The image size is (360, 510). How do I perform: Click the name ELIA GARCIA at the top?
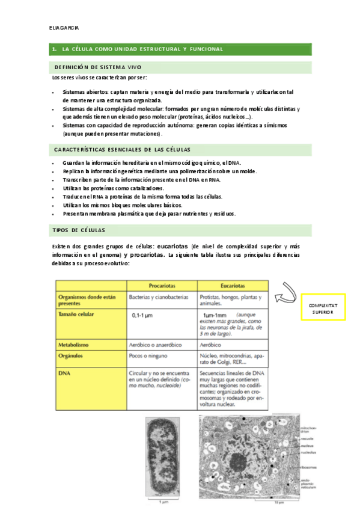click(x=66, y=28)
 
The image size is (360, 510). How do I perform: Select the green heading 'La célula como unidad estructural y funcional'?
click(x=142, y=49)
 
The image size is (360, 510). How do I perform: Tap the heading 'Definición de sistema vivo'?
click(x=98, y=67)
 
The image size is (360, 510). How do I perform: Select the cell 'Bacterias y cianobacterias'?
click(x=160, y=296)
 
